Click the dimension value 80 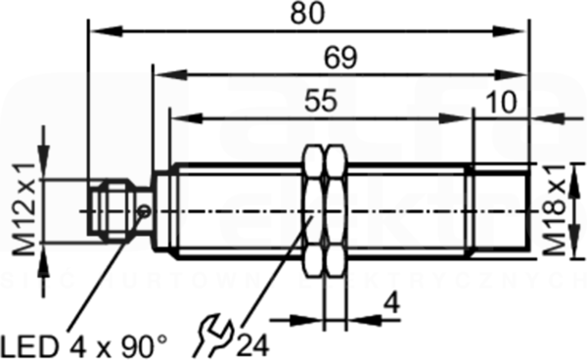[308, 15]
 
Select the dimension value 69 [340, 58]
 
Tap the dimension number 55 [321, 101]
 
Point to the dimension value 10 [502, 102]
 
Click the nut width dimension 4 [392, 303]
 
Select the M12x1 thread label [24, 209]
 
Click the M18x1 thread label [554, 210]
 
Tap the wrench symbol [213, 336]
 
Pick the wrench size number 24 [253, 345]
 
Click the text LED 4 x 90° [84, 346]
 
